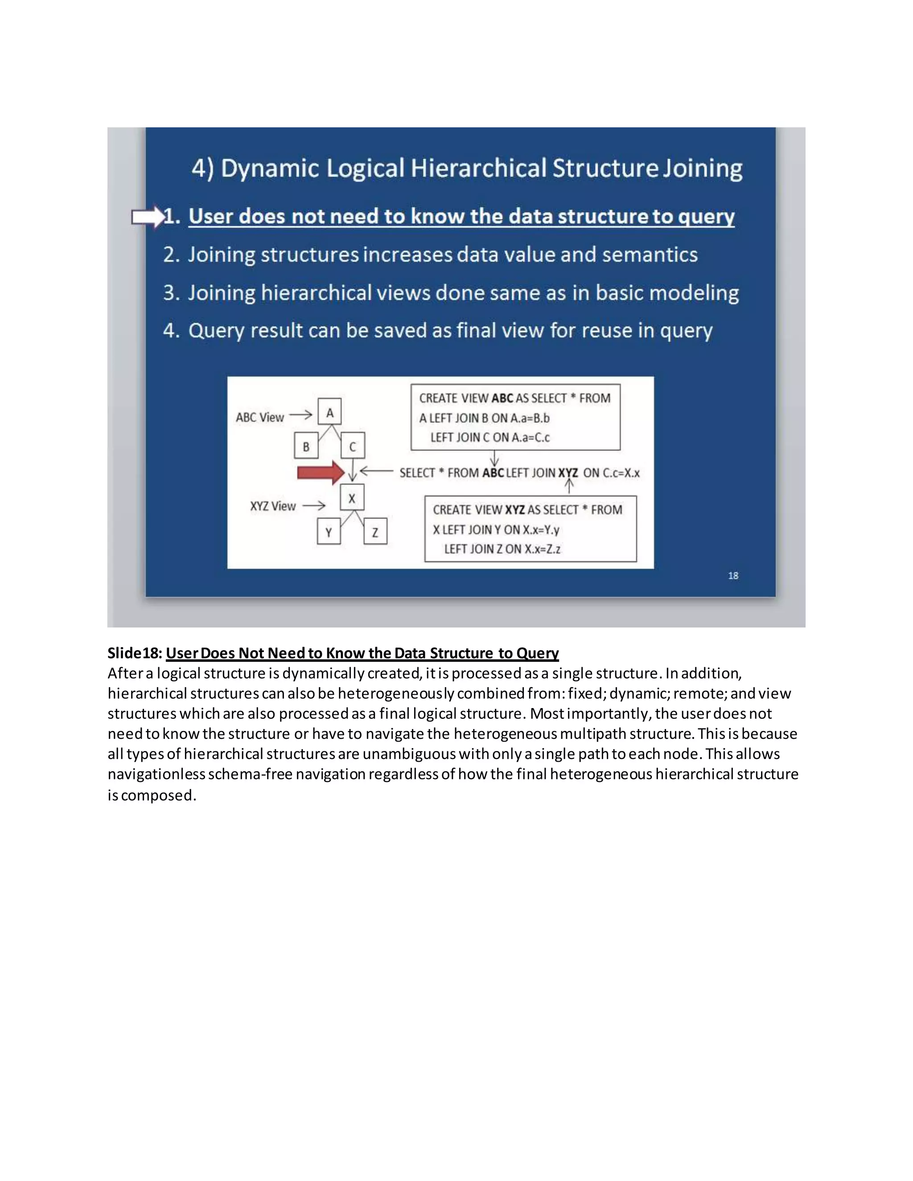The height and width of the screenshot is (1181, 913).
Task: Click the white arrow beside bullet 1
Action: (x=148, y=217)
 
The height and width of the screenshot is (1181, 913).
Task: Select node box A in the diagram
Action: (x=329, y=413)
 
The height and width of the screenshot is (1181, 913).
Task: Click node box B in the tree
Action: (x=305, y=447)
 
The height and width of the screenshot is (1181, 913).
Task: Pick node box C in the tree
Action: (x=353, y=447)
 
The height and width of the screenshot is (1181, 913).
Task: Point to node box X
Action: (x=352, y=498)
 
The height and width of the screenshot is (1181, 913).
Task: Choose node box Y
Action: (x=328, y=532)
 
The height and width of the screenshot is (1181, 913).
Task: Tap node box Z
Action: (x=375, y=532)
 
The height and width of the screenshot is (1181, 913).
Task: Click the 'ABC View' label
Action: (x=259, y=418)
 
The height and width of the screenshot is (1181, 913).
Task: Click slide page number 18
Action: (x=733, y=575)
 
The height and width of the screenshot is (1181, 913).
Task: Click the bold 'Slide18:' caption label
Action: (x=135, y=653)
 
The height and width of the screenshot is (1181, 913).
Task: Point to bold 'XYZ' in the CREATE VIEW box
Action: (x=514, y=510)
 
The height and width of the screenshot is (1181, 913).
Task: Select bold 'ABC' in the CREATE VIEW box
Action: (x=502, y=398)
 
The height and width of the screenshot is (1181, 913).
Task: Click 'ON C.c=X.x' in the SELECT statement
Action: (x=611, y=473)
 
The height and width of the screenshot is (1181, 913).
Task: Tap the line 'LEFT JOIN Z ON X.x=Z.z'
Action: (x=502, y=549)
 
